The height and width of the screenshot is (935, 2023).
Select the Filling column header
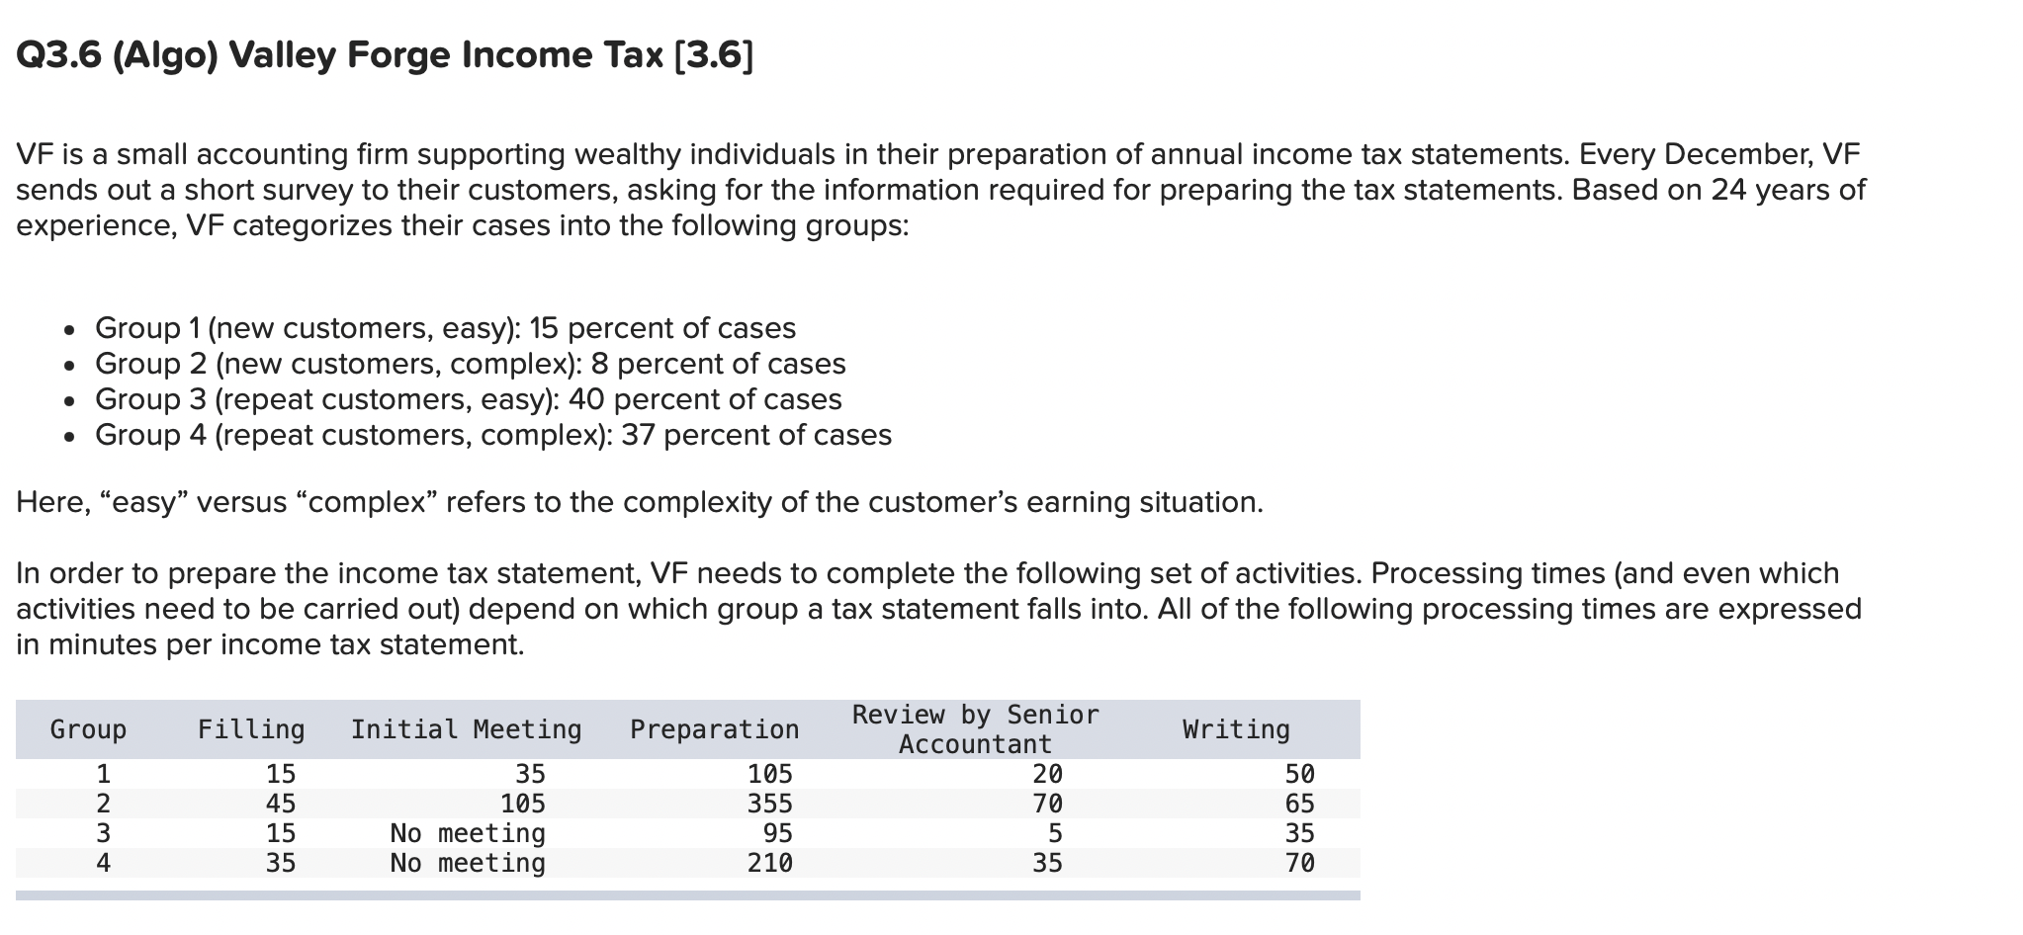(251, 729)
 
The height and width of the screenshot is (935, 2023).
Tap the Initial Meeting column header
(466, 729)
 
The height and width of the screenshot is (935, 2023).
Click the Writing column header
(1236, 729)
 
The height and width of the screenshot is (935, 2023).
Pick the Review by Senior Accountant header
(975, 729)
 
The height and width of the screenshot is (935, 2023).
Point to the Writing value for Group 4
(1299, 863)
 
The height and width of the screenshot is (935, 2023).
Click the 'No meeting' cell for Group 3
(468, 833)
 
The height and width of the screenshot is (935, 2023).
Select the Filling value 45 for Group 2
(281, 804)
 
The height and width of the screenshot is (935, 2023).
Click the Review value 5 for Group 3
(1055, 833)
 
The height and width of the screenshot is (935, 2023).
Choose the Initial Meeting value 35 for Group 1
(530, 774)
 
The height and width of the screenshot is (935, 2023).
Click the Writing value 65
(1299, 804)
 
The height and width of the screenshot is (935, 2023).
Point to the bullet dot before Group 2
(67, 366)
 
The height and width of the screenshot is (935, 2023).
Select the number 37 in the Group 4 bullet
(638, 435)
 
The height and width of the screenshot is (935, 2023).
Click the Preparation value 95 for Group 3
(777, 833)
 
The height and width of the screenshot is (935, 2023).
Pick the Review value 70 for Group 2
(1047, 804)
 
